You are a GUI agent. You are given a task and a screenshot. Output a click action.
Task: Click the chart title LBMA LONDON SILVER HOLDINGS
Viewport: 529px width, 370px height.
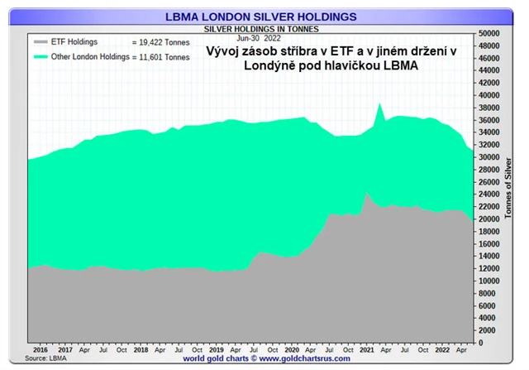261,16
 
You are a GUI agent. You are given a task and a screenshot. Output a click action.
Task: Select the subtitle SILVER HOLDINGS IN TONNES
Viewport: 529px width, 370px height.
261,28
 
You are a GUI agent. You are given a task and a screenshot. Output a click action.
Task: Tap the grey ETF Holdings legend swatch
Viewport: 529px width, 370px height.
41,41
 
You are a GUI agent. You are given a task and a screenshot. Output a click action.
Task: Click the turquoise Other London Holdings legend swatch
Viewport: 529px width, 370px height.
41,56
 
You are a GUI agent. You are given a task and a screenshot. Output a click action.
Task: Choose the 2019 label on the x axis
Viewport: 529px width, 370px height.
216,350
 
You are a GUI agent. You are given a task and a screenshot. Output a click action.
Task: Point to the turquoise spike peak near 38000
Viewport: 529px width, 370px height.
379,104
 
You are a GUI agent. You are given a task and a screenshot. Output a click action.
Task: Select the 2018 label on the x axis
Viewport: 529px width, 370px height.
141,350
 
